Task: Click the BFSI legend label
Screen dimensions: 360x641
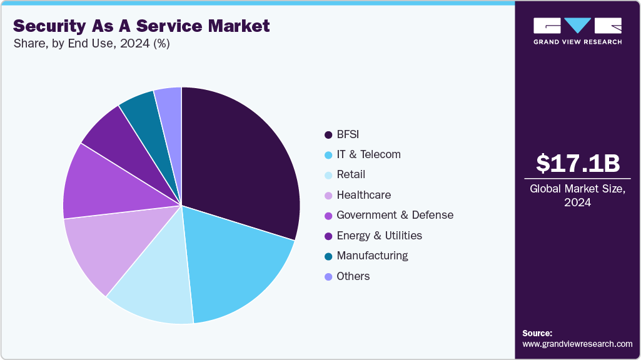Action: coord(348,134)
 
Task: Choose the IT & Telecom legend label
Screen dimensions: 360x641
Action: coord(368,154)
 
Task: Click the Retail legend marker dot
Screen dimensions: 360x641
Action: coord(328,175)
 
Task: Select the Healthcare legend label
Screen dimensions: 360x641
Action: coord(363,195)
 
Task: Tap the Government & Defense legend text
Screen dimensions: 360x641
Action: coord(395,215)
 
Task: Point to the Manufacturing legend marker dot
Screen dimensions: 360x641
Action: coord(328,256)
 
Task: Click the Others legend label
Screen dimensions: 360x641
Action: coord(353,276)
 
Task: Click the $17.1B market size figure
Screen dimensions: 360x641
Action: coord(577,163)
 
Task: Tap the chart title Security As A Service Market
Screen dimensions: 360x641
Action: coord(141,26)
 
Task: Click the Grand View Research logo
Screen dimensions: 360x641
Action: coord(577,31)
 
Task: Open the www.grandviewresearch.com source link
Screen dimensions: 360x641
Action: coord(577,344)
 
